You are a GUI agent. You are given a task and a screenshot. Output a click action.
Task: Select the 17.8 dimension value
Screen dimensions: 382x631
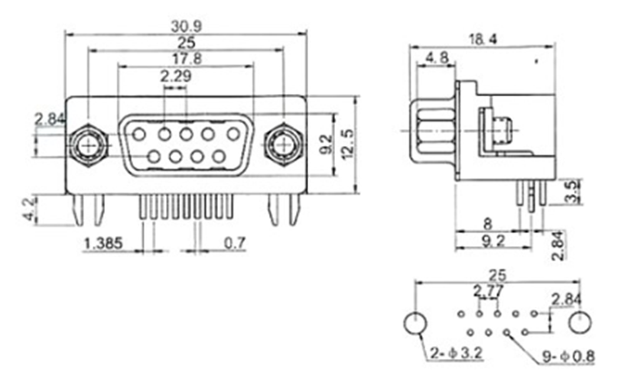pyautogui.click(x=184, y=60)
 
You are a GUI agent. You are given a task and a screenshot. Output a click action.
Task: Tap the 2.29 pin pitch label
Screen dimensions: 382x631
pyautogui.click(x=175, y=76)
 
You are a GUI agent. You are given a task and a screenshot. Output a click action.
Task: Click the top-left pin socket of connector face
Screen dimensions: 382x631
pyautogui.click(x=139, y=134)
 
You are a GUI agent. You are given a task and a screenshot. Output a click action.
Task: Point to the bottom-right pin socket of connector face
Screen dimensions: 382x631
pyautogui.click(x=219, y=157)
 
